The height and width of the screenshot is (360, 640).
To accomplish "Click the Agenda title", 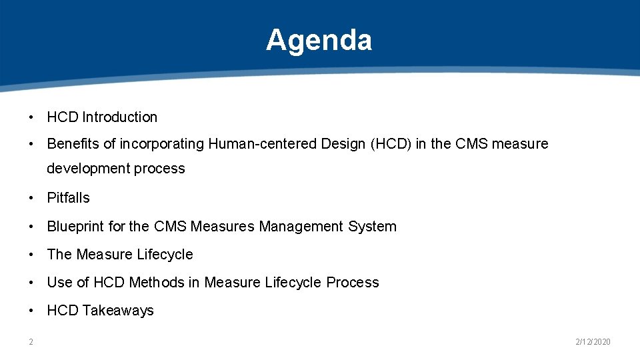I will [319, 40].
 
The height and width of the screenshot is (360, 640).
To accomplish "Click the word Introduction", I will [120, 117].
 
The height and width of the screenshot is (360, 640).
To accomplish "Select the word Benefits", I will [68, 144].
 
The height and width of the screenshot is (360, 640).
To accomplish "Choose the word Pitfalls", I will [68, 198].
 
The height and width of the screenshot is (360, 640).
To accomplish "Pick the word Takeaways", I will [118, 311].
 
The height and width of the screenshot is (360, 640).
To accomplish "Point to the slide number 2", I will [31, 342].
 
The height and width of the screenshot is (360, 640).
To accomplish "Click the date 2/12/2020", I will [593, 342].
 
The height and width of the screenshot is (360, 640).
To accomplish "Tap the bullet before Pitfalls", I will [31, 198].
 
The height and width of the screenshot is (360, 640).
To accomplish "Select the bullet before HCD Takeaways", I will [31, 311].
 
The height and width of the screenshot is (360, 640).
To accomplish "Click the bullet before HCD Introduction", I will [31, 117].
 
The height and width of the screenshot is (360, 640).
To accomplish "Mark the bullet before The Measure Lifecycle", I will [31, 255].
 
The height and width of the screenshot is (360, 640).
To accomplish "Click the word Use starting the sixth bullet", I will [58, 283].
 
